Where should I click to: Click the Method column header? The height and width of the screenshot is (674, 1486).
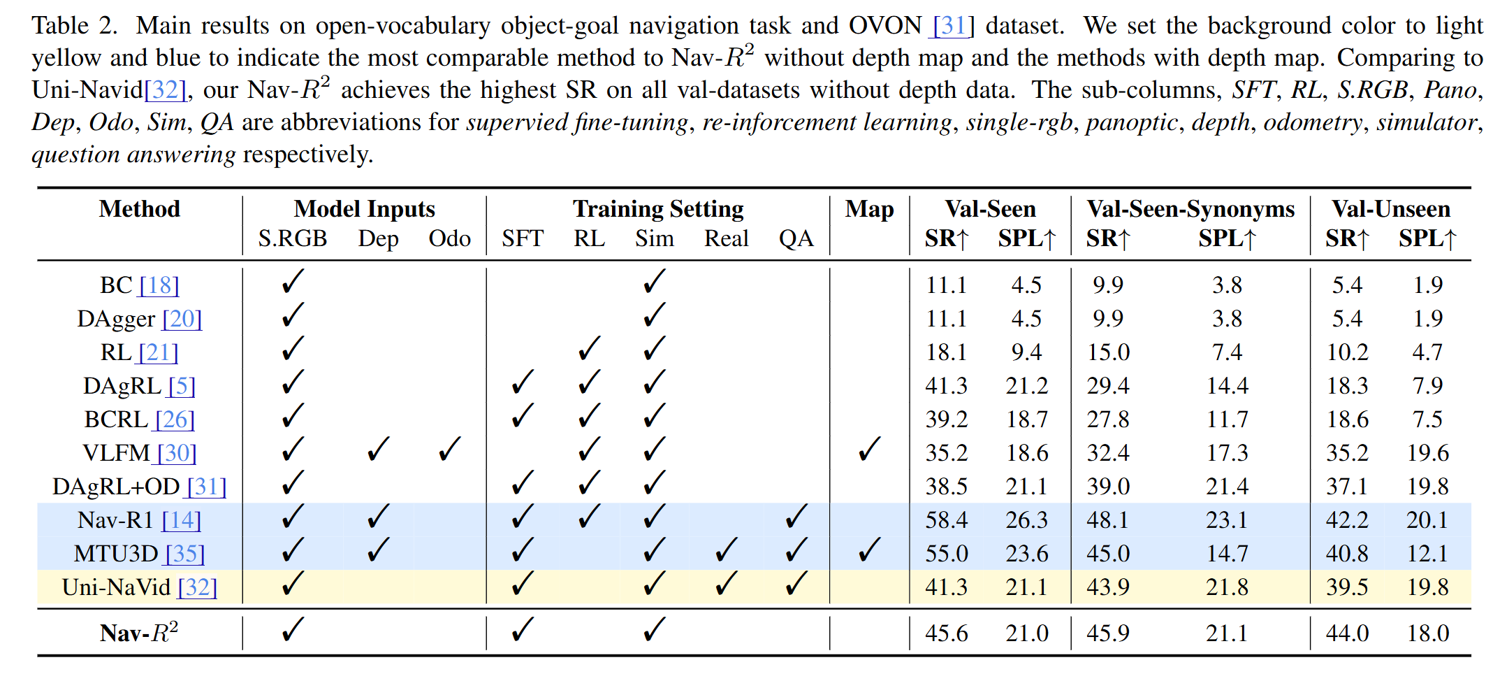[x=140, y=209]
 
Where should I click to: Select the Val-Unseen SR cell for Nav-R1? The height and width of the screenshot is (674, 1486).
[x=1347, y=519]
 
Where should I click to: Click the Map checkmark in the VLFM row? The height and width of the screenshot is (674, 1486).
[x=869, y=450]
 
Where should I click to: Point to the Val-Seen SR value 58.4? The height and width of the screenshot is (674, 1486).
[x=947, y=519]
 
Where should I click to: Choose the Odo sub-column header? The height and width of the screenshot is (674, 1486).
[x=449, y=238]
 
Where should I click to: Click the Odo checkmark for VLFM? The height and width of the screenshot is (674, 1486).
[x=449, y=450]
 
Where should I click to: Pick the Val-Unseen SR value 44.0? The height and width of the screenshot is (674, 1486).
[x=1347, y=633]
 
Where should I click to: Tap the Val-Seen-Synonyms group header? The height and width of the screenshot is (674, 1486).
[x=1190, y=209]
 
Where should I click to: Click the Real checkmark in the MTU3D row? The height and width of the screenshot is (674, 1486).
[x=727, y=550]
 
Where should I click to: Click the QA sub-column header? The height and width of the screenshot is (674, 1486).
[x=796, y=238]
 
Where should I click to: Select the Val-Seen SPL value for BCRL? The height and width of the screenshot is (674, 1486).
[x=1027, y=419]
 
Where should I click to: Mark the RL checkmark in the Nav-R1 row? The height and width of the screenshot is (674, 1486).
[x=590, y=517]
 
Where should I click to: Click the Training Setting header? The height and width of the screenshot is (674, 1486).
[x=658, y=209]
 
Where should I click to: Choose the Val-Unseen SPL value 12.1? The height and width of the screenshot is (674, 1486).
[x=1427, y=553]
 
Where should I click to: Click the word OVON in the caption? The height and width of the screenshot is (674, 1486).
[x=885, y=26]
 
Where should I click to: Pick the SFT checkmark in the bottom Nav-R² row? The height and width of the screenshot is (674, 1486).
[x=522, y=630]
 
